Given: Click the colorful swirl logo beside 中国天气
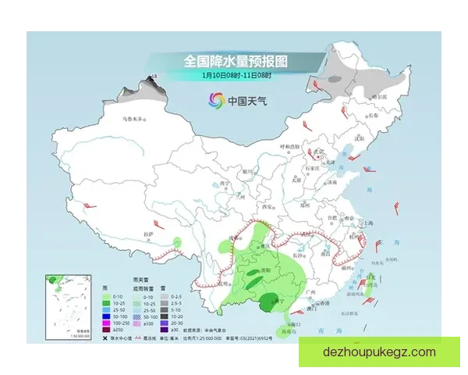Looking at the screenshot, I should [214, 100].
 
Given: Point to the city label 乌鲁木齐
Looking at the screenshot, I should [134, 119].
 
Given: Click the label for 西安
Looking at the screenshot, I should [269, 206].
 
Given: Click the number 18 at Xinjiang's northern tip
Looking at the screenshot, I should [154, 75].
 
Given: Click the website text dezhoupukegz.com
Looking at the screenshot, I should [379, 352].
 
